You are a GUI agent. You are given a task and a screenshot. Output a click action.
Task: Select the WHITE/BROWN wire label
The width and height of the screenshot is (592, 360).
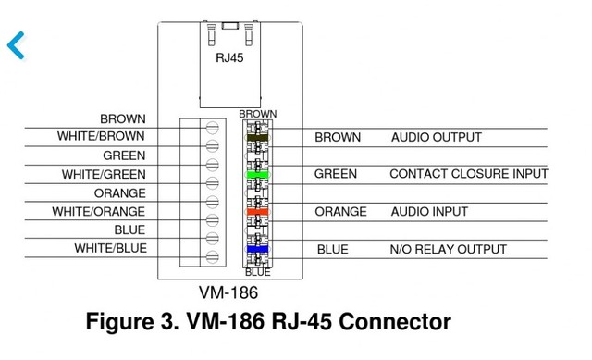[x=101, y=137]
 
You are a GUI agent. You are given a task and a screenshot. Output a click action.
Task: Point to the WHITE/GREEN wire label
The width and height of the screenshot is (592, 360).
[x=104, y=174]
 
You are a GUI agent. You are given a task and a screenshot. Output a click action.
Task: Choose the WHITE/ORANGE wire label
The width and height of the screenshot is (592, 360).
[x=99, y=212]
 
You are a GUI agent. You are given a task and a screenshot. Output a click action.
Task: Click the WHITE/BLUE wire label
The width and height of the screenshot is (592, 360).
[x=110, y=249]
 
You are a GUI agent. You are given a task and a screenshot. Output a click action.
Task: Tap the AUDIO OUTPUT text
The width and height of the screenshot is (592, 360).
[x=436, y=137]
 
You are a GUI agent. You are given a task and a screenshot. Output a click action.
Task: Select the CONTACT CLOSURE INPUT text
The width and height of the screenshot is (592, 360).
[x=468, y=174]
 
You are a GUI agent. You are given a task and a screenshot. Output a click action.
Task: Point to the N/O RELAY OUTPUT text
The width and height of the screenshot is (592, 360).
[x=449, y=249]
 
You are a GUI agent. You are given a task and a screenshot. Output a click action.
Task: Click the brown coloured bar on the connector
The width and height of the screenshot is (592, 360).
[x=257, y=137]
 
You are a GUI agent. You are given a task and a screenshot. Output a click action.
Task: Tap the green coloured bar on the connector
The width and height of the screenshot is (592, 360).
[x=257, y=174]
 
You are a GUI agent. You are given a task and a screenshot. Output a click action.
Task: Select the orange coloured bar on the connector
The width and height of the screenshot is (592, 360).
[x=257, y=212]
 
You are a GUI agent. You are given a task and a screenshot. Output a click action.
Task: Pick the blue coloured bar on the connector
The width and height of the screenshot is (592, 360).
[x=257, y=249]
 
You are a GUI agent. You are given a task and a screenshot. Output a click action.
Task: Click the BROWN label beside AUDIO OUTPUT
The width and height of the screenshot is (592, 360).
[x=338, y=137]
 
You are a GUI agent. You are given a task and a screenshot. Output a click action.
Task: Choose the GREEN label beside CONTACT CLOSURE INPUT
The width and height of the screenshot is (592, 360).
[x=335, y=174]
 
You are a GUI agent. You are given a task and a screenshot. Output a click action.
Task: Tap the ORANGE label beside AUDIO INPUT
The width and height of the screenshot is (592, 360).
[x=340, y=212]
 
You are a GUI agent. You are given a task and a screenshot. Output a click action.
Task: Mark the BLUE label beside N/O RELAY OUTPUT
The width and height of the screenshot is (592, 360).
[x=332, y=249]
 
